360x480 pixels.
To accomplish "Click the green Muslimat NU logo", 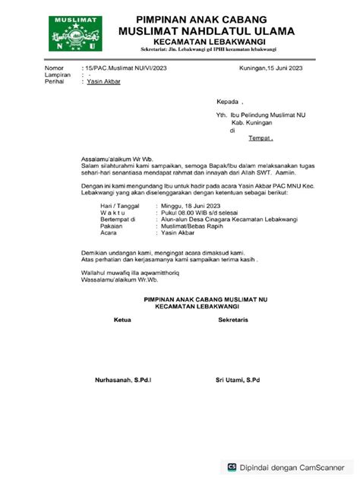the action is pyautogui.click(x=77, y=33).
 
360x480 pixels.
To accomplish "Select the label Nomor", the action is pyautogui.click(x=54, y=68).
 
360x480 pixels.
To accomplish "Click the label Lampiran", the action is pyautogui.click(x=58, y=74).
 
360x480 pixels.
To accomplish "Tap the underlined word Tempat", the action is pyautogui.click(x=260, y=138).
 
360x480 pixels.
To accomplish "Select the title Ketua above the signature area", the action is pyautogui.click(x=122, y=321).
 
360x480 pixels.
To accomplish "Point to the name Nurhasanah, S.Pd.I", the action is pyautogui.click(x=122, y=379).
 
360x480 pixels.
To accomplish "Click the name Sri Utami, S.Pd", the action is pyautogui.click(x=237, y=379).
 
